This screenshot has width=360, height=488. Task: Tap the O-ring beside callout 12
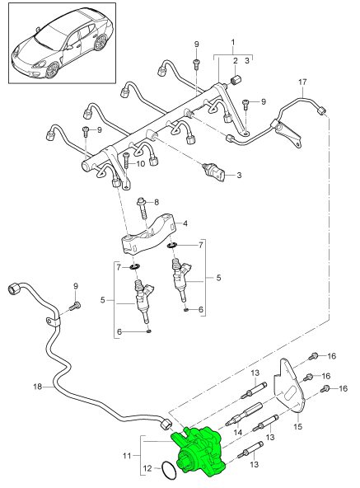click(x=168, y=470)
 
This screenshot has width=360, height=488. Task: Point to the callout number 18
click(x=36, y=384)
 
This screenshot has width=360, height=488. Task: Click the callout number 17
click(x=302, y=82)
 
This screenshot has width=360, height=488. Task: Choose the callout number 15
click(x=298, y=428)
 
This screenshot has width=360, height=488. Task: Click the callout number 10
click(x=141, y=164)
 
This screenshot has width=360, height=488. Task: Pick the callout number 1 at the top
click(x=233, y=41)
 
